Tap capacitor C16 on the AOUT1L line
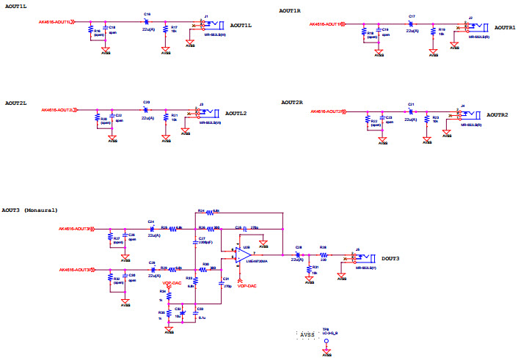coord(147,21)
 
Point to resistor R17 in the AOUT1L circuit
coord(166,30)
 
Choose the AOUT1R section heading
coord(290,11)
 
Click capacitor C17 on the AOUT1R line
coord(412,23)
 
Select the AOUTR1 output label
coord(505,27)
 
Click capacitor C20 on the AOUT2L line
coord(146,109)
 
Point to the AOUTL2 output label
coord(236,114)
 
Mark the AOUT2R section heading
coord(292,102)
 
